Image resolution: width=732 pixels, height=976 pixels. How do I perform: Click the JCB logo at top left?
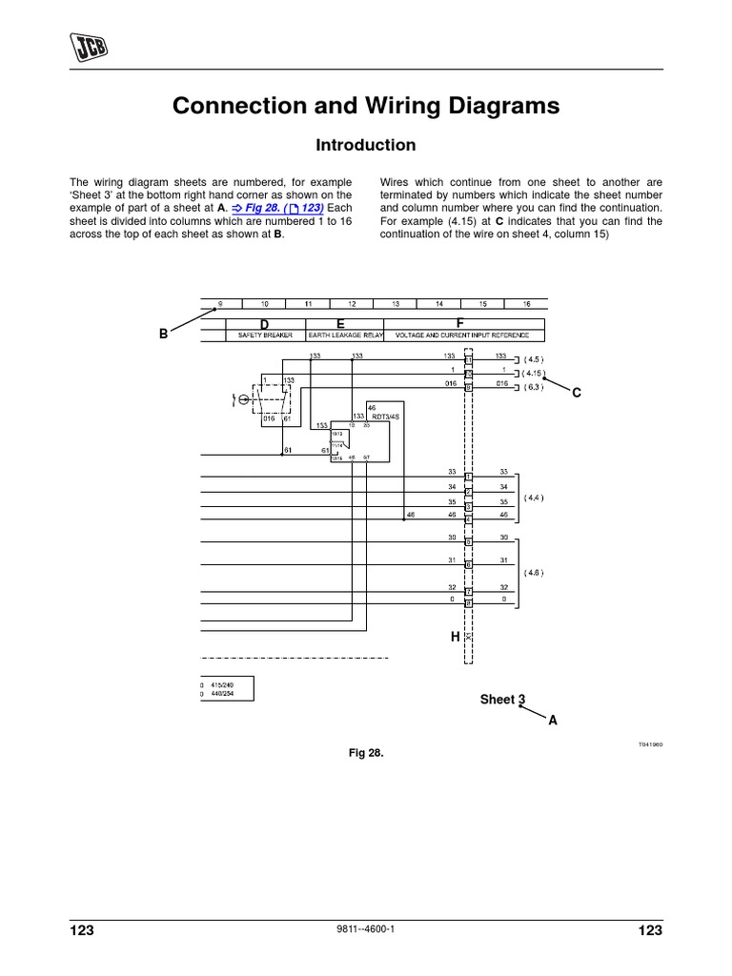click(x=87, y=45)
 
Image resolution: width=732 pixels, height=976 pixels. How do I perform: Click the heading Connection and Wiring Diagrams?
click(x=366, y=106)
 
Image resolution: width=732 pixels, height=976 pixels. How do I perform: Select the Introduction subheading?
click(x=366, y=146)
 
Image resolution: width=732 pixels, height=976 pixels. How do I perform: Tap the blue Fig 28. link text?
click(x=276, y=208)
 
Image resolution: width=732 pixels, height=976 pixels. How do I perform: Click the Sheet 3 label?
click(x=502, y=700)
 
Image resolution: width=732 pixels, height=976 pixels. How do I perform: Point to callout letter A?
click(x=552, y=722)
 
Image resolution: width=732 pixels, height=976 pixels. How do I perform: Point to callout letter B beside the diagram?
click(x=163, y=335)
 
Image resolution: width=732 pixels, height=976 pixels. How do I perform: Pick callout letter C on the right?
click(x=577, y=393)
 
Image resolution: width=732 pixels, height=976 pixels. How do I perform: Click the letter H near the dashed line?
click(x=455, y=636)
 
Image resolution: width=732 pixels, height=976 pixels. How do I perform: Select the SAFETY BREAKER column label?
click(x=264, y=336)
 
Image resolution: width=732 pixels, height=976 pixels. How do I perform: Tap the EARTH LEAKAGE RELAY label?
click(x=344, y=336)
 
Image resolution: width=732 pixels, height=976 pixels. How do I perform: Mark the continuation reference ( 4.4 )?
click(x=534, y=497)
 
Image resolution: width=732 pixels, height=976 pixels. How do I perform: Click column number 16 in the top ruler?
click(x=526, y=304)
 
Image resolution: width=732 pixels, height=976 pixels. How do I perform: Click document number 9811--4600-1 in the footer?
click(x=366, y=931)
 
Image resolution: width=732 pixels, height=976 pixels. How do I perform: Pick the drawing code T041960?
click(x=651, y=743)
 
